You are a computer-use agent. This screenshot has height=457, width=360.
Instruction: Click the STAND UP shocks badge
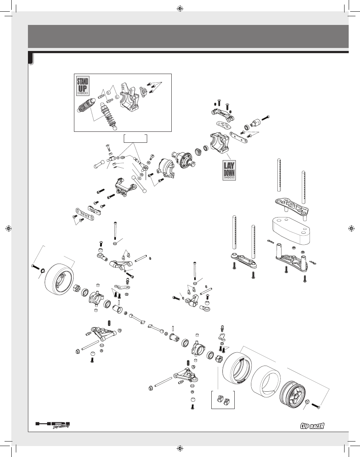point(83,86)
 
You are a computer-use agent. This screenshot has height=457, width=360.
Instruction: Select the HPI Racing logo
point(53,425)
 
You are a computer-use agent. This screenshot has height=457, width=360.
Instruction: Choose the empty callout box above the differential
point(135,138)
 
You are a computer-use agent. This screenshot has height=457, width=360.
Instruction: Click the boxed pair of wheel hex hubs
point(223,400)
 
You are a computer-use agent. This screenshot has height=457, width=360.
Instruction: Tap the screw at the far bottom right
point(316,406)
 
